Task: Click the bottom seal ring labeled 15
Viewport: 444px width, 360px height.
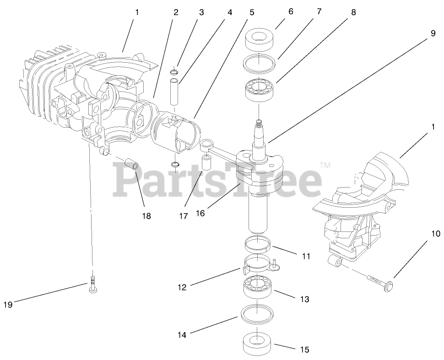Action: point(259,341)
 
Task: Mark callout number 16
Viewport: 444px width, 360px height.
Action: point(200,213)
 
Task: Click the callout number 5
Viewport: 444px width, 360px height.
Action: point(251,13)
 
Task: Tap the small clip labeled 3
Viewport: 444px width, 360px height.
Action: point(173,72)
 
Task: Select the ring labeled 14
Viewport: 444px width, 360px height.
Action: point(259,313)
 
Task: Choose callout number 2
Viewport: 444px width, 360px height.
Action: point(176,13)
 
